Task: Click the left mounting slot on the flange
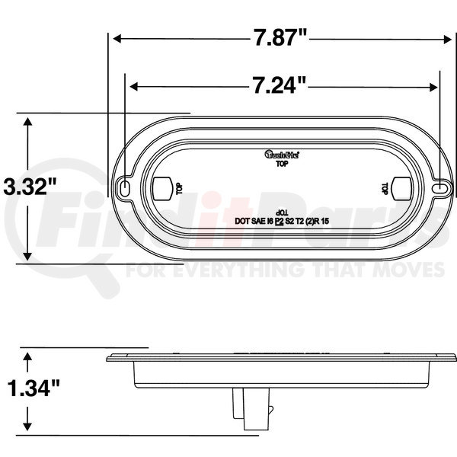[x=124, y=187]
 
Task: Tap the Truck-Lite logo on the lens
[x=281, y=155]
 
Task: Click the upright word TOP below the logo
[x=281, y=163]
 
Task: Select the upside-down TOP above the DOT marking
[x=281, y=210]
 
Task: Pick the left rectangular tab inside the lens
[x=161, y=187]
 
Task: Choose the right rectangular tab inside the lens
[x=401, y=187]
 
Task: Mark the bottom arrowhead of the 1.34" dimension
[x=28, y=427]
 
